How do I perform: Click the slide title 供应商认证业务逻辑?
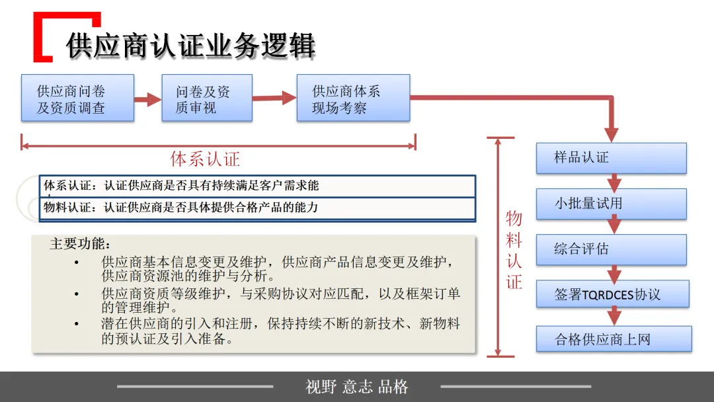click(190, 46)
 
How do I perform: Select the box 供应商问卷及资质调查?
click(77, 98)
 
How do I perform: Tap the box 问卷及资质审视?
click(206, 98)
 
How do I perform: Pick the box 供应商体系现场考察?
click(352, 98)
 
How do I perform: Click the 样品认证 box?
click(611, 158)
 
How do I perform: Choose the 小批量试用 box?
click(611, 204)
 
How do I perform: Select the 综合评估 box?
click(611, 249)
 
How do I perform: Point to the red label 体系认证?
click(205, 159)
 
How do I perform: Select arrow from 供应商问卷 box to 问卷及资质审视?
click(147, 100)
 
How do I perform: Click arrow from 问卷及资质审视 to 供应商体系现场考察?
click(274, 98)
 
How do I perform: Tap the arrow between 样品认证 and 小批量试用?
click(614, 181)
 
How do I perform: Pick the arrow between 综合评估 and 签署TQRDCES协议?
click(614, 272)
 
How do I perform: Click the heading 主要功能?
click(80, 244)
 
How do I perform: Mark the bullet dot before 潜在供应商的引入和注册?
click(77, 324)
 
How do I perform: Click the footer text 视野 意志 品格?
click(357, 387)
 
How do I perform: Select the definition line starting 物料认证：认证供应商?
click(181, 208)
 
